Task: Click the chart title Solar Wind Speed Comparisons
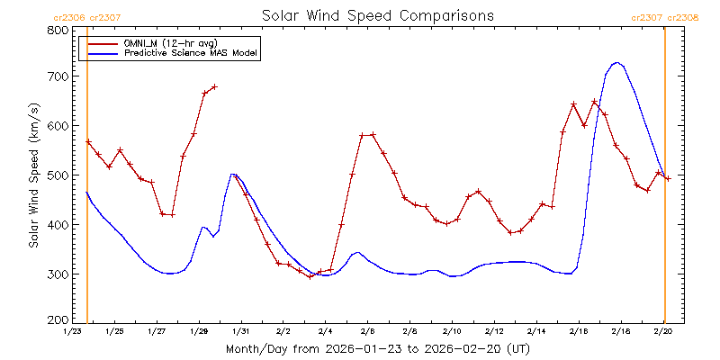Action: tap(377, 16)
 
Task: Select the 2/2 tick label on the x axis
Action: tap(283, 332)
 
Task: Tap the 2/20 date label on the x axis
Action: tap(663, 332)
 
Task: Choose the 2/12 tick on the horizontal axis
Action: tap(494, 332)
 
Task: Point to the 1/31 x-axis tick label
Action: tap(240, 332)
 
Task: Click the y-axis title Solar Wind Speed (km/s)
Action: tap(34, 175)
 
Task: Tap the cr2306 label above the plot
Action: tap(69, 16)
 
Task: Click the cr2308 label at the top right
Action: tap(682, 16)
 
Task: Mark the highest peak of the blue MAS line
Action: tap(616, 63)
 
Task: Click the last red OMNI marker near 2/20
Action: tap(668, 178)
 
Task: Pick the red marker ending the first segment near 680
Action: tap(214, 87)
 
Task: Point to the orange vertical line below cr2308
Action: tap(664, 180)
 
